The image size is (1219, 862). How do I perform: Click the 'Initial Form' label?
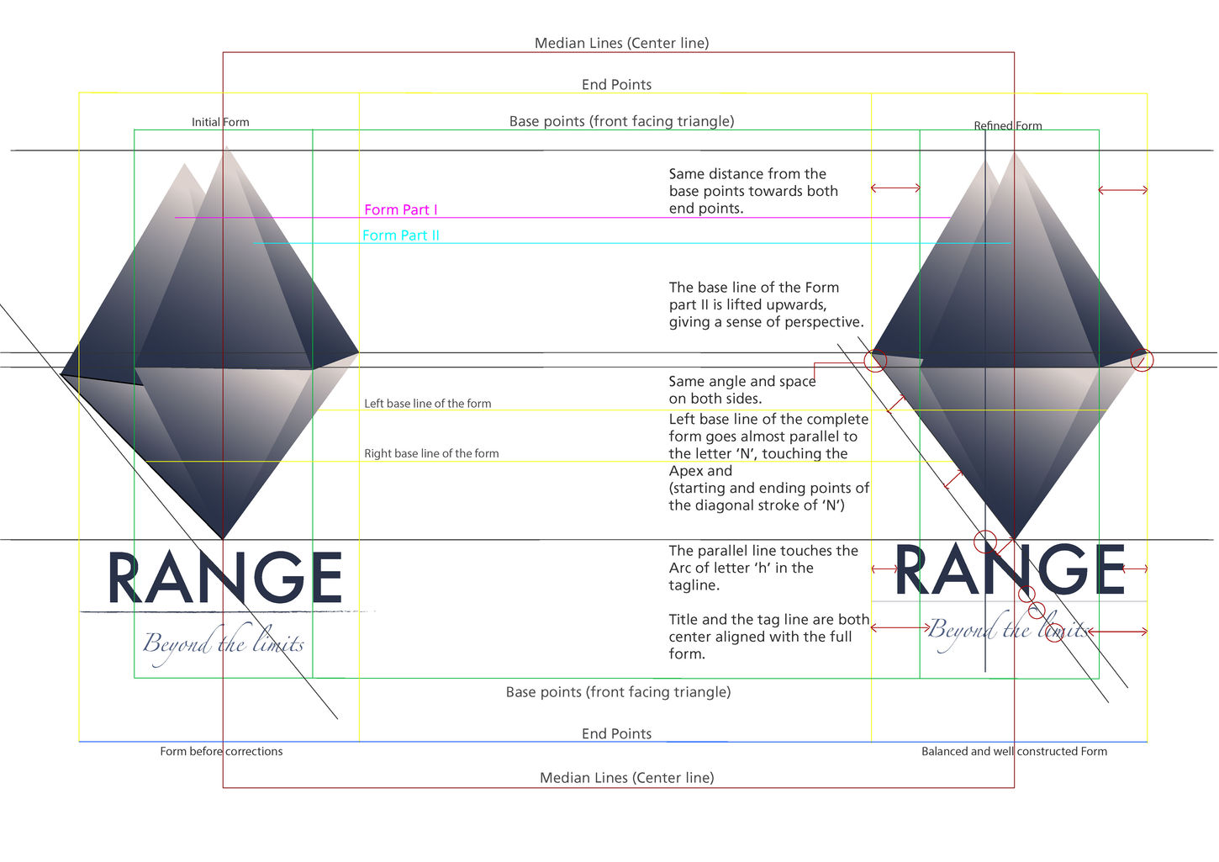click(x=220, y=122)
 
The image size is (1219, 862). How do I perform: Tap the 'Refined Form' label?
click(x=1008, y=126)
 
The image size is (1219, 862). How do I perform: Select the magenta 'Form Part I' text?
click(x=401, y=209)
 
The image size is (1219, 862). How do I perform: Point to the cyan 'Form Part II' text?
click(x=401, y=235)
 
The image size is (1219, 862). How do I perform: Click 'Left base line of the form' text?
click(x=427, y=404)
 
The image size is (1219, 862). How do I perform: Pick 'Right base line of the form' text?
click(x=431, y=453)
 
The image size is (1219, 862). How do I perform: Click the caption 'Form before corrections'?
click(x=221, y=751)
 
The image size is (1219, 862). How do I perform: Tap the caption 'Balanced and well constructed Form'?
click(x=1014, y=751)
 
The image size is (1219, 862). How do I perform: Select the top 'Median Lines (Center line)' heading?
click(x=621, y=43)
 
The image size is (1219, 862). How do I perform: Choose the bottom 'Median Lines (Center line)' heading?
click(x=626, y=778)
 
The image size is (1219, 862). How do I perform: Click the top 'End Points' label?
click(x=616, y=84)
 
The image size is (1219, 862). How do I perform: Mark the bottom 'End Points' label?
click(x=616, y=733)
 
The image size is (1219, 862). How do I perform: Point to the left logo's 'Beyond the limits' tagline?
click(x=224, y=644)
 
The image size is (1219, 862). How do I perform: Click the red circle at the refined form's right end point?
click(x=1142, y=361)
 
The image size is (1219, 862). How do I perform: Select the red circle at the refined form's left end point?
click(x=875, y=361)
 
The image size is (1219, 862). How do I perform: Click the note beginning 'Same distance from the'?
click(x=753, y=191)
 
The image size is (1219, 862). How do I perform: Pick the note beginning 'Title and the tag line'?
click(x=768, y=637)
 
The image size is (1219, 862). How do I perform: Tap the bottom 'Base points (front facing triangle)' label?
click(x=618, y=692)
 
